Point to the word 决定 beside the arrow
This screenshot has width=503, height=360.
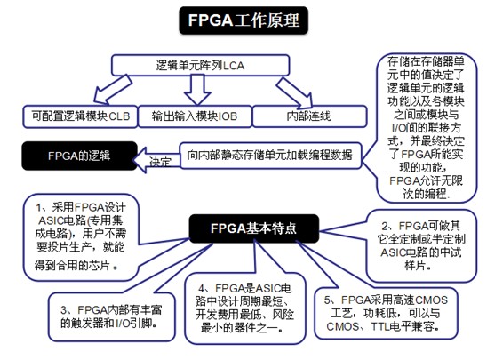pyautogui.click(x=160, y=164)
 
